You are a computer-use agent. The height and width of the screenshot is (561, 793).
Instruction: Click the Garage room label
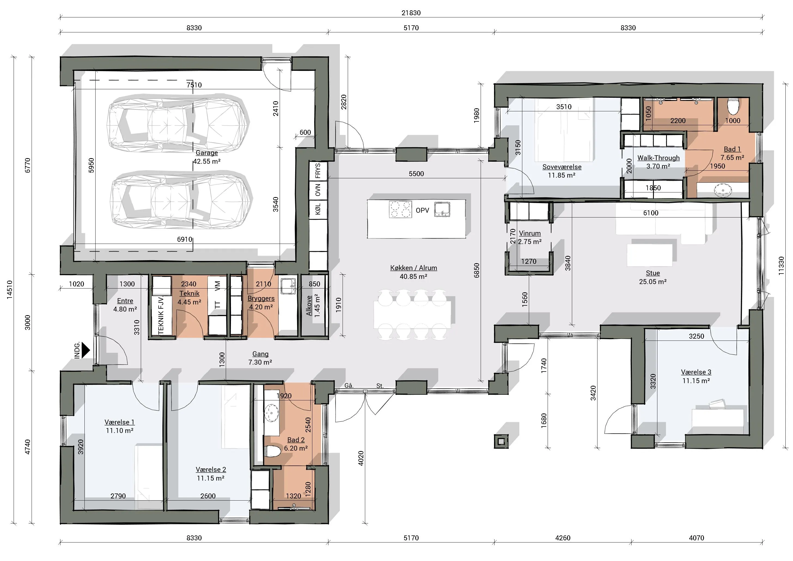coord(207,153)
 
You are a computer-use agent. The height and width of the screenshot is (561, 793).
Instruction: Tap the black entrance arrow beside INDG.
coord(86,350)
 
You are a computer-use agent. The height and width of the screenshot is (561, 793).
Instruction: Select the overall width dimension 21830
coord(411,13)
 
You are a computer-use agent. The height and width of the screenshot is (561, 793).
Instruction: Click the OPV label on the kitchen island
coord(422,210)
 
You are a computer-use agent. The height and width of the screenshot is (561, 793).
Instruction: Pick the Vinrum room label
coord(530,233)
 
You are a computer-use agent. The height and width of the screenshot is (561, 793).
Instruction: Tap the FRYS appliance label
coord(318,171)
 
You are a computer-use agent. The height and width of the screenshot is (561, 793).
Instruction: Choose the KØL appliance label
coord(318,209)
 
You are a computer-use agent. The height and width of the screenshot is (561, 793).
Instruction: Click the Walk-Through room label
coord(658,158)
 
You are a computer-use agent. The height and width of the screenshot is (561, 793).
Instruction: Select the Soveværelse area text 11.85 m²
coord(562,175)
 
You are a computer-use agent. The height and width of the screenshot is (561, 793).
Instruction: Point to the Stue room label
coord(653,273)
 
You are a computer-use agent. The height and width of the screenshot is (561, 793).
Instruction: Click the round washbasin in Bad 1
coord(723,190)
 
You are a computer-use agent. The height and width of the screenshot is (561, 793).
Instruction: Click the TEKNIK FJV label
coord(161,316)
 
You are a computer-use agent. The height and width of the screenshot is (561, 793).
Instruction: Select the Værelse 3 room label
coord(696,372)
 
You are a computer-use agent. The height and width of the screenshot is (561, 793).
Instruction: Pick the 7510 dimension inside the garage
coord(194,85)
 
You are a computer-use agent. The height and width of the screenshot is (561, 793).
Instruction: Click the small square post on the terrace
coord(501,441)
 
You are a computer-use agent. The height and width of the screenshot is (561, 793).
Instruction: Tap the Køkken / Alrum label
coord(414,268)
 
